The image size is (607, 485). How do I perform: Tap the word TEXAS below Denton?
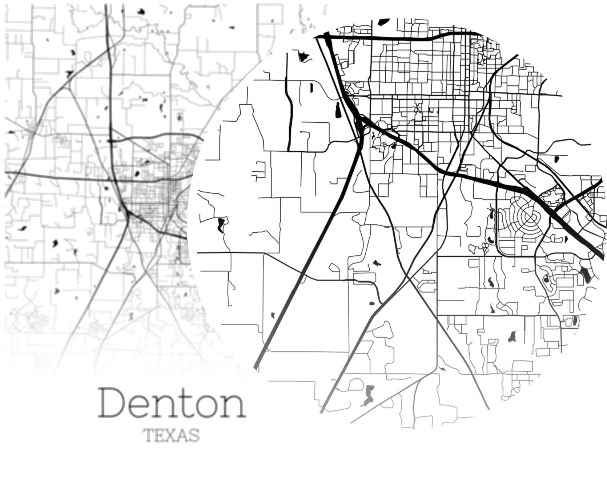point(172,435)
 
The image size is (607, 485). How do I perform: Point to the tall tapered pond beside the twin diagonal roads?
point(338,110)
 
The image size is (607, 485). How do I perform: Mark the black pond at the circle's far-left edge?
point(220,225)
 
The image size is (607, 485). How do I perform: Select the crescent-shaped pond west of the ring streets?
point(491,214)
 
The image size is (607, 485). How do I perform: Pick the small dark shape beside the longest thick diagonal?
point(273,315)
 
